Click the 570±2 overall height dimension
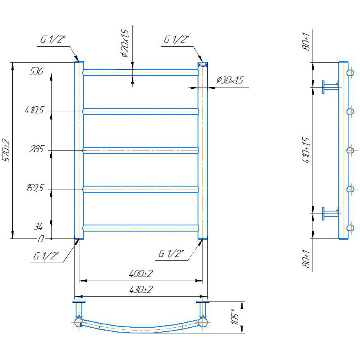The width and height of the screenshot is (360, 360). click(x=6, y=151)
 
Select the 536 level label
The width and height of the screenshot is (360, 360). click(x=36, y=71)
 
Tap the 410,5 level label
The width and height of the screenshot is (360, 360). click(x=34, y=110)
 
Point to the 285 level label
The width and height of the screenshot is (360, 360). click(x=36, y=149)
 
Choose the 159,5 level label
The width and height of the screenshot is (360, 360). click(x=35, y=188)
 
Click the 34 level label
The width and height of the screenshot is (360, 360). click(x=38, y=227)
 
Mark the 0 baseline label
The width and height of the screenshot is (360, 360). click(x=40, y=239)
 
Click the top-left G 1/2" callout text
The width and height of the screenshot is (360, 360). click(x=53, y=39)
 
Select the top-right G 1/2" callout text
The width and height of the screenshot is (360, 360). click(x=176, y=39)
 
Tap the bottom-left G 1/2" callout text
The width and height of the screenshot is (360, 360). click(x=46, y=256)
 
